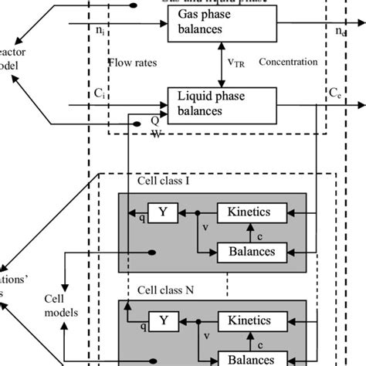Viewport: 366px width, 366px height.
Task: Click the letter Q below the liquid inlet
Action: pyautogui.click(x=155, y=120)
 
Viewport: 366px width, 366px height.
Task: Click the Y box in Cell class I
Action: pyautogui.click(x=163, y=211)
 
